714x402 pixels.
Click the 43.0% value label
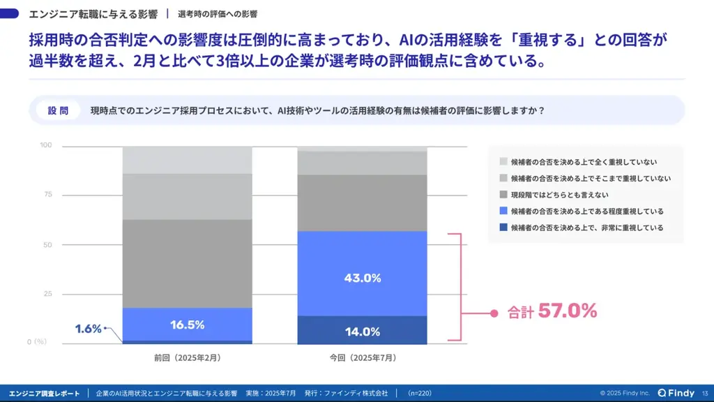click(362, 278)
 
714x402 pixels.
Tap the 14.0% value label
click(362, 332)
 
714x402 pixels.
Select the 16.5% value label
click(187, 325)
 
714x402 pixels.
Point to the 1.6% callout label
click(89, 329)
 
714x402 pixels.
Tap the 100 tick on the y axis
click(46, 145)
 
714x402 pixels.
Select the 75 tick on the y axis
click(47, 195)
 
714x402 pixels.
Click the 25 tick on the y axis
click(47, 293)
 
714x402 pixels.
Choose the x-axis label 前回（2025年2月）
click(188, 358)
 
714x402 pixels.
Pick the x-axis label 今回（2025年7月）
click(363, 358)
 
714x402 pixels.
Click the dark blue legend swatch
click(503, 228)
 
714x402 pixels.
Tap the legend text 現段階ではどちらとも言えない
click(559, 195)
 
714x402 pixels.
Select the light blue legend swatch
click(503, 211)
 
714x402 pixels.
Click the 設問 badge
click(58, 111)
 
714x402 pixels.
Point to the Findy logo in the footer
click(676, 393)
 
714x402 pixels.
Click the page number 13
click(705, 393)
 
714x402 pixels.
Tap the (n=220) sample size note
click(419, 393)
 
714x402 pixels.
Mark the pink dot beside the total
click(494, 313)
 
